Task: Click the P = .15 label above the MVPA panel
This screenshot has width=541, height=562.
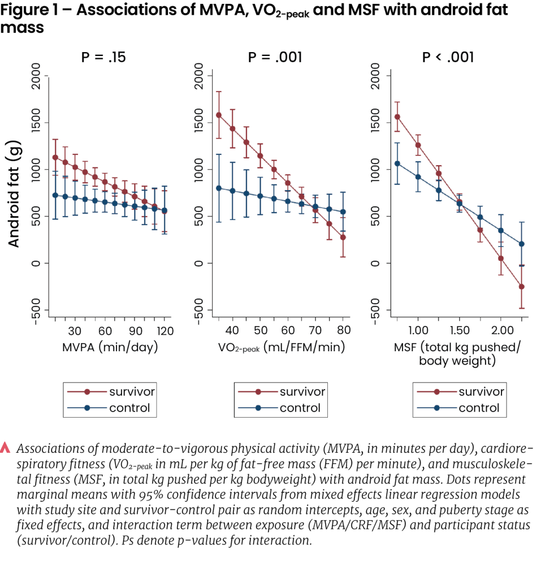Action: click(103, 57)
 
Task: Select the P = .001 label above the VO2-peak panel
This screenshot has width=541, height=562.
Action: click(275, 57)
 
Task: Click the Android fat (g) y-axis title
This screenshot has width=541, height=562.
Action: click(14, 186)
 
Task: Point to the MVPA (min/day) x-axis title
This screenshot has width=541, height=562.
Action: click(110, 347)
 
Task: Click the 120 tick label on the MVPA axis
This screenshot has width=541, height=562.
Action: click(165, 330)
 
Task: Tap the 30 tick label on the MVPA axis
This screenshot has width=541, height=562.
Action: click(75, 330)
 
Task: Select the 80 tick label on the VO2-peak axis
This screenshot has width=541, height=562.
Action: click(343, 330)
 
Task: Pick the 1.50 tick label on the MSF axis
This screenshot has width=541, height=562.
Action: click(460, 330)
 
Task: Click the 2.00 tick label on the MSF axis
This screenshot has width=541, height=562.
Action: click(501, 330)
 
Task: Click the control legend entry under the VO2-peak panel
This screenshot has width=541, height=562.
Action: click(300, 408)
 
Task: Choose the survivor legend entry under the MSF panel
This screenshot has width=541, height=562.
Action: click(481, 392)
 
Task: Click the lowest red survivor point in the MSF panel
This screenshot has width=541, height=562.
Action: click(521, 286)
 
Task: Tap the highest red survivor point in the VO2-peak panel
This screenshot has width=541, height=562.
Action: click(219, 115)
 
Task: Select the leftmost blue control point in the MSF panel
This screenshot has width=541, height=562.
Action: click(397, 163)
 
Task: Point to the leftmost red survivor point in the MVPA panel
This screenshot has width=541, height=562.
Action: click(55, 158)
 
